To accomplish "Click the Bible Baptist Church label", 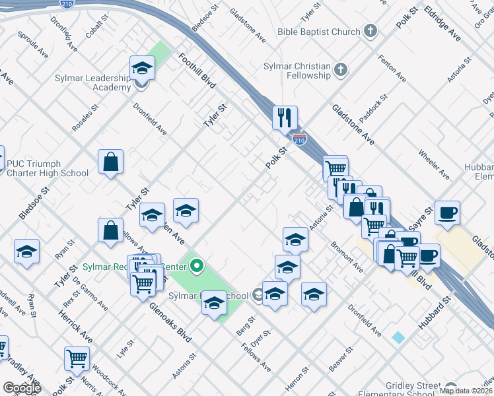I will (x=319, y=32).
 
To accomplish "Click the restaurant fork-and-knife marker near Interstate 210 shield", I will (x=285, y=118).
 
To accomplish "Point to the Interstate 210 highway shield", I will (x=299, y=139).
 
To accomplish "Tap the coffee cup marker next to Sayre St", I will (x=447, y=213).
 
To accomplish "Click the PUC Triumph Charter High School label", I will (x=46, y=169).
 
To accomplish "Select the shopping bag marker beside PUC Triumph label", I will (x=110, y=162).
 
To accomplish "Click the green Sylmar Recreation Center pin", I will (x=196, y=267).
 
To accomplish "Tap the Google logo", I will (x=22, y=388).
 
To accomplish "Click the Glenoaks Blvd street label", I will (x=170, y=321).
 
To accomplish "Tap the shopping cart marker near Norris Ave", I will (x=77, y=358).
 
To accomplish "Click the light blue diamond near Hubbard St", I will (x=398, y=337).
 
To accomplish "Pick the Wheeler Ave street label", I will (x=433, y=164).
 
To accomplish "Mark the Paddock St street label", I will (x=374, y=102).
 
